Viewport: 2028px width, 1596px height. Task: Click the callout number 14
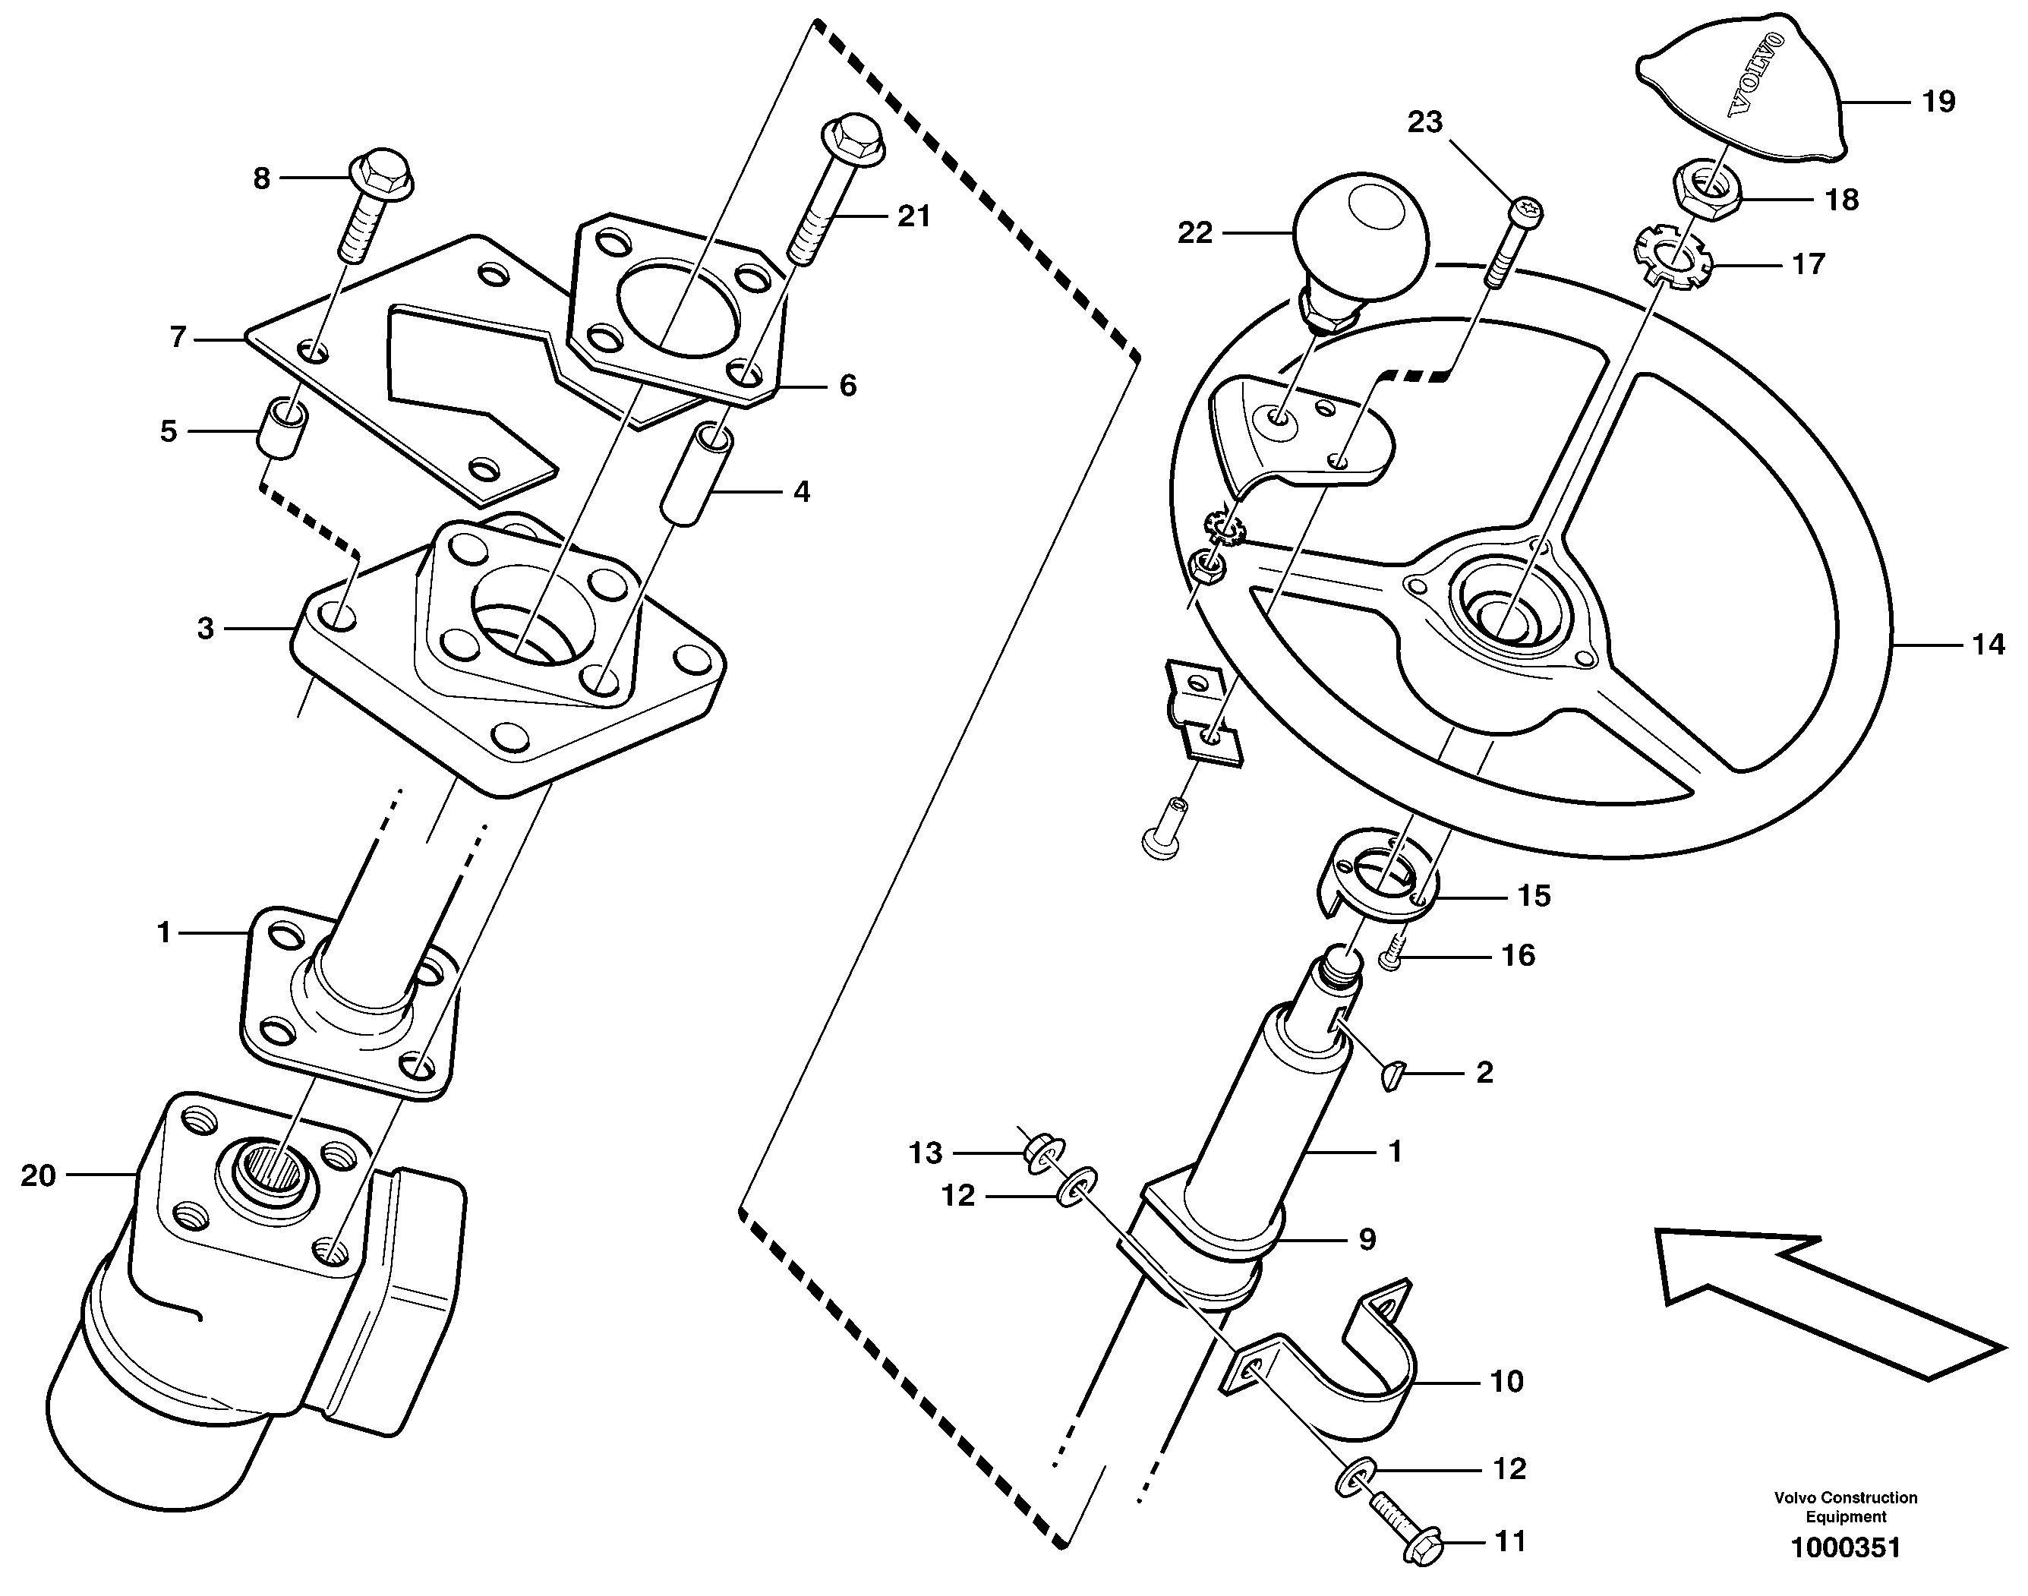pyautogui.click(x=1988, y=645)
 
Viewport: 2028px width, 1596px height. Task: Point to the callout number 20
pyautogui.click(x=38, y=1175)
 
